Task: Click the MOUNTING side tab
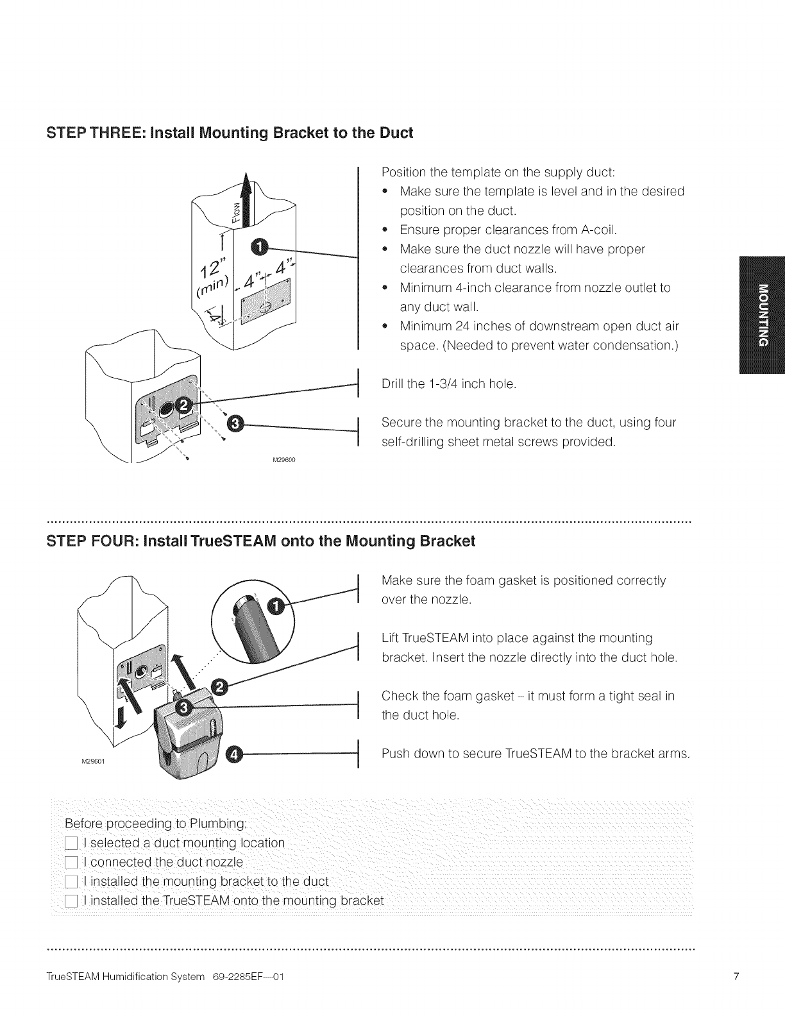pos(761,314)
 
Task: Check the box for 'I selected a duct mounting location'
pos(71,843)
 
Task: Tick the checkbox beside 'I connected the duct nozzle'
pos(71,862)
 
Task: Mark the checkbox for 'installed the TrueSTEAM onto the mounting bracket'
pos(71,901)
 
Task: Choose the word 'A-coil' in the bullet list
pos(597,230)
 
